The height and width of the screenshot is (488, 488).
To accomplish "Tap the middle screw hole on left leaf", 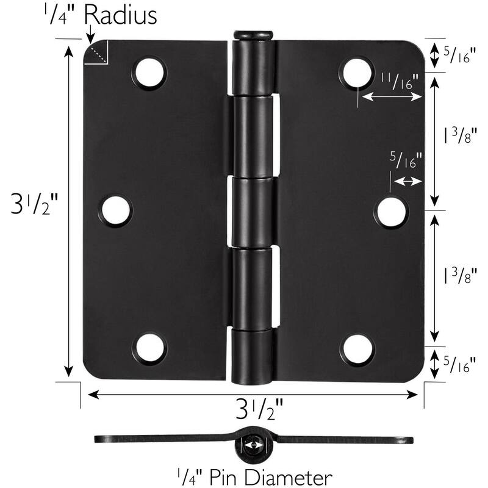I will tap(116, 210).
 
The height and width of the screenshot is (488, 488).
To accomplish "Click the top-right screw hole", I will tap(357, 73).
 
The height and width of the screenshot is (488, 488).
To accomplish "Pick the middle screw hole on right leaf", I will tap(390, 210).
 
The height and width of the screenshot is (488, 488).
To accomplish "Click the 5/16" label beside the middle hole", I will tap(406, 162).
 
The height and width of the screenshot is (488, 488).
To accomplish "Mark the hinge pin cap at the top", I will tap(253, 34).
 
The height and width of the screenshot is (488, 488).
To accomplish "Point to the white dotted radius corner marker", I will tap(97, 54).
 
